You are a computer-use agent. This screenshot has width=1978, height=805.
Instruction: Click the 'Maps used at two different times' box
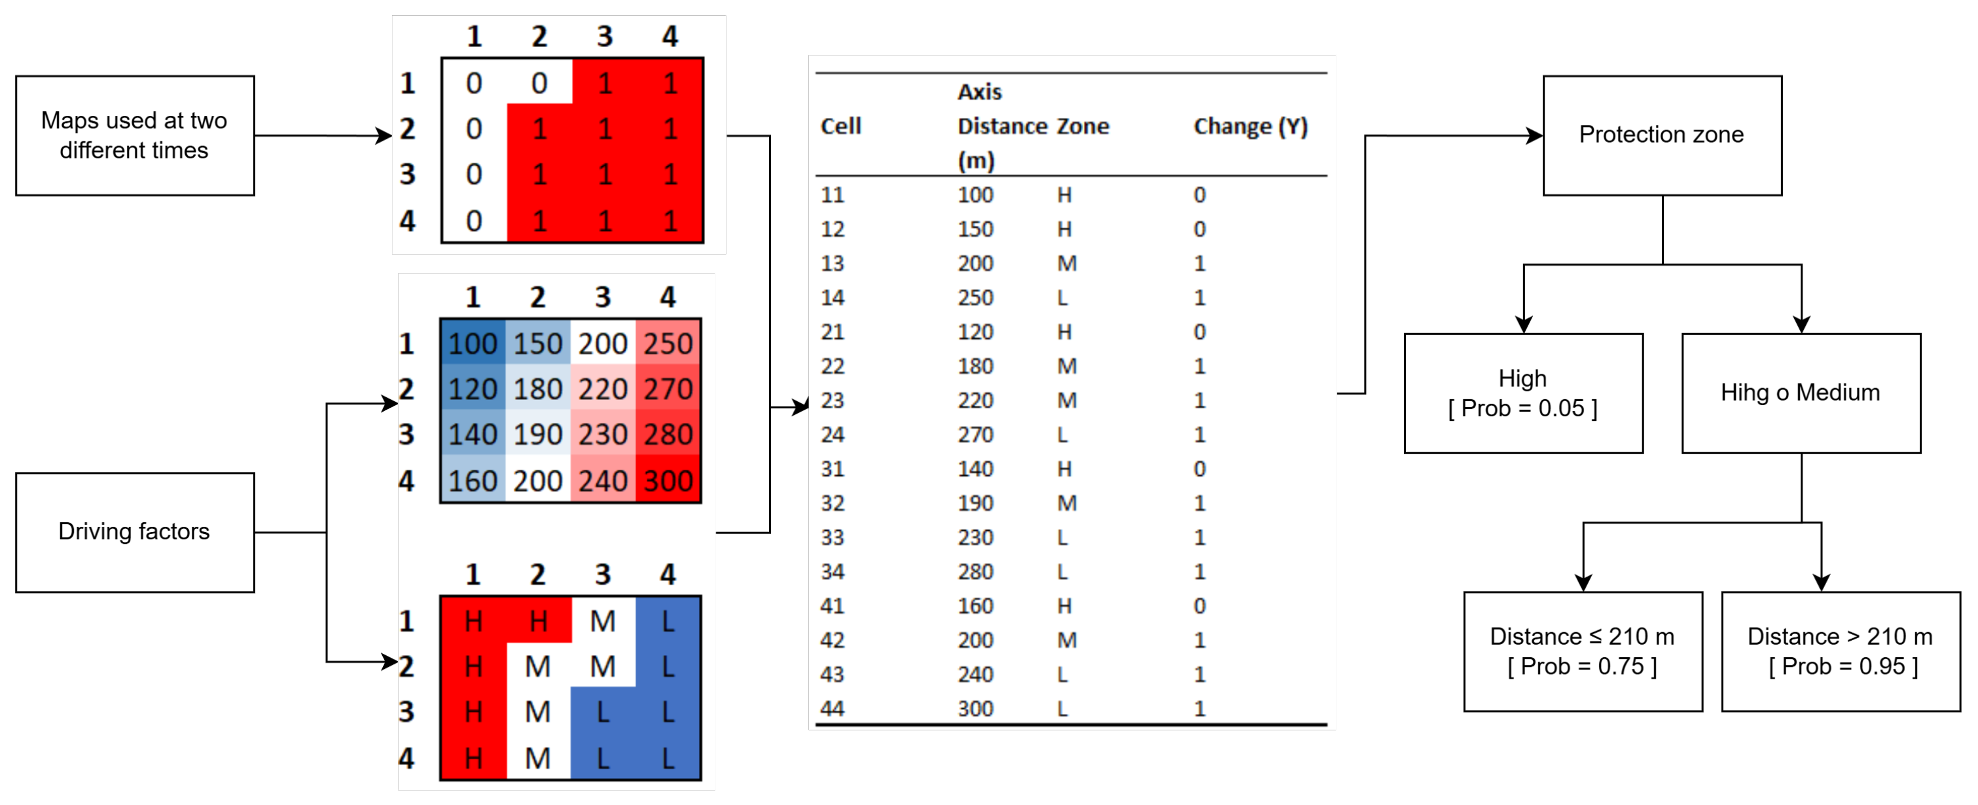tap(134, 135)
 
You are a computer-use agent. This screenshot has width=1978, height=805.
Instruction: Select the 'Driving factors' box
tap(134, 531)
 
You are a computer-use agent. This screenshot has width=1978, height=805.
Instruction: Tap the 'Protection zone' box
tap(1662, 135)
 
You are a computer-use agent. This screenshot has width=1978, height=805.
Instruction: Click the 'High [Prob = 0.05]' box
tap(1522, 393)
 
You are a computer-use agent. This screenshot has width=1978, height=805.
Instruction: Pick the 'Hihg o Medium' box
tap(1801, 393)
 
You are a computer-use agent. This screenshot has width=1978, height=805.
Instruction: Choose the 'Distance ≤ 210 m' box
tap(1583, 651)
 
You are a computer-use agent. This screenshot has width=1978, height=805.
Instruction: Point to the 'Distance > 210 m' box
tap(1841, 651)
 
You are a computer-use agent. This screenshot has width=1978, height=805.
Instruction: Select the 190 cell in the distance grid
tap(537, 435)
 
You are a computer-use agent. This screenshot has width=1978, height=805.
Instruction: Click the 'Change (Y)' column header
tap(1250, 126)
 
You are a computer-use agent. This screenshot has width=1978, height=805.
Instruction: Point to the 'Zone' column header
tap(1083, 126)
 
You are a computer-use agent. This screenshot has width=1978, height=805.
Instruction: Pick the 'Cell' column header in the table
tap(841, 126)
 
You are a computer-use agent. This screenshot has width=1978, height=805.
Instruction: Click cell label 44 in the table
tap(833, 708)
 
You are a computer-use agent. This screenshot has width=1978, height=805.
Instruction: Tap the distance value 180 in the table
tap(975, 367)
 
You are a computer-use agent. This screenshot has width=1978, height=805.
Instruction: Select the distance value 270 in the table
tap(975, 435)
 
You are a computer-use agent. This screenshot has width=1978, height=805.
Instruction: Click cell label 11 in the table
tap(833, 195)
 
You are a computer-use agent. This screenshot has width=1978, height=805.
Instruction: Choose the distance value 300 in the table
tap(975, 708)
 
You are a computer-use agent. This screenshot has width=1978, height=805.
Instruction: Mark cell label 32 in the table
tap(833, 503)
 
